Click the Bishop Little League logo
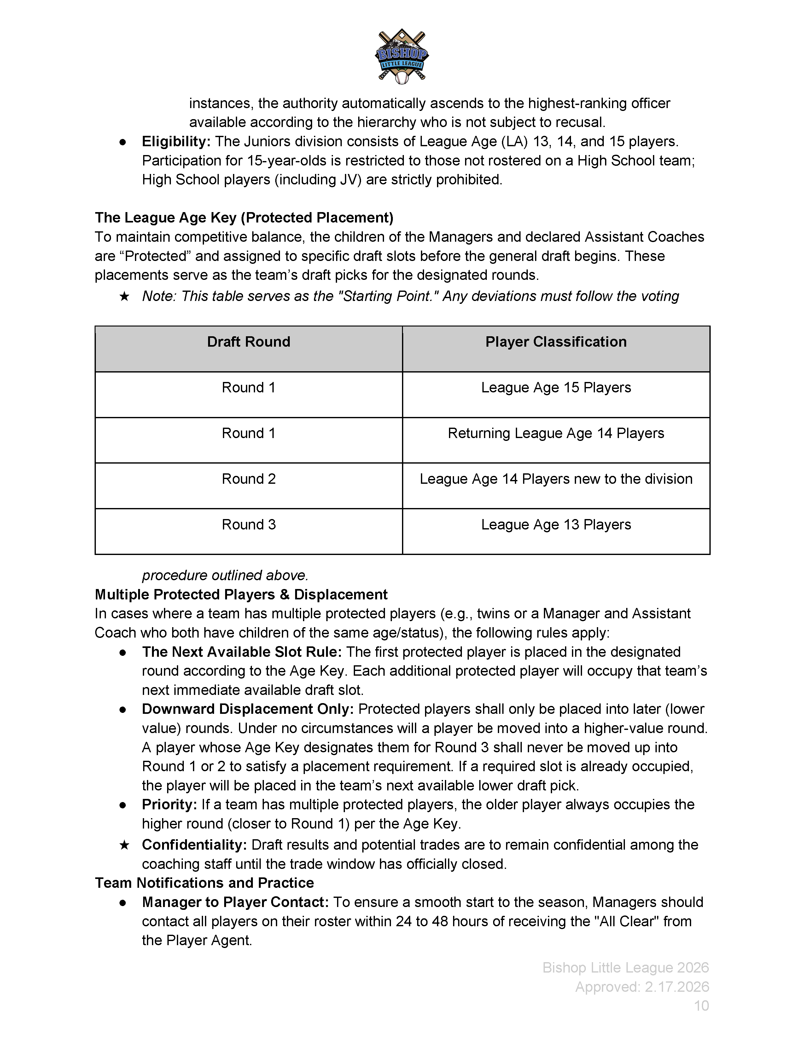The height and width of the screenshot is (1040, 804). [401, 56]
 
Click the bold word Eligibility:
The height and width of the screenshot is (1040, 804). [176, 142]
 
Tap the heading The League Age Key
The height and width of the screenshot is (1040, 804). [244, 218]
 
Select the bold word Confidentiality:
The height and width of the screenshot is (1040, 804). [194, 845]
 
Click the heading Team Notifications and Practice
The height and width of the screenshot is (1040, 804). [204, 883]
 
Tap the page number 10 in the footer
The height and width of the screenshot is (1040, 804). [701, 1006]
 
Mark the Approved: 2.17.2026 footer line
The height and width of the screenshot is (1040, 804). [642, 987]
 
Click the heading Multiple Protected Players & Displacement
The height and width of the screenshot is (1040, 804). [241, 595]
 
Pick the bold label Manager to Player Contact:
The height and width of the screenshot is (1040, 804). [235, 902]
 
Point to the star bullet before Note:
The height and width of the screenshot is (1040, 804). [124, 297]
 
